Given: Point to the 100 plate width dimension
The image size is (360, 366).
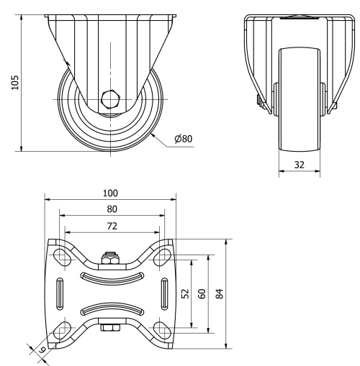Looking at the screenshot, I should (x=110, y=193).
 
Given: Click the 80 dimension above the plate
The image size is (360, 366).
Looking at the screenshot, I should (x=110, y=209).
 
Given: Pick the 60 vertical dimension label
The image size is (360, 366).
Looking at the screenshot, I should (x=202, y=294).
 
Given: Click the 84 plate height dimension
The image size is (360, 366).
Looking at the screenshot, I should (x=219, y=294).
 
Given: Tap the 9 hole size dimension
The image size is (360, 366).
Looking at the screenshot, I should (x=42, y=349).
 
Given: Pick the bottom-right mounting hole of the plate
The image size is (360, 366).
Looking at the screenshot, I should (x=163, y=331).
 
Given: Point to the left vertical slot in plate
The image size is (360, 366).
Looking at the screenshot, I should (x=58, y=293).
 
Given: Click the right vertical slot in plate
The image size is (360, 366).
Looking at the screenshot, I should (x=165, y=293).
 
